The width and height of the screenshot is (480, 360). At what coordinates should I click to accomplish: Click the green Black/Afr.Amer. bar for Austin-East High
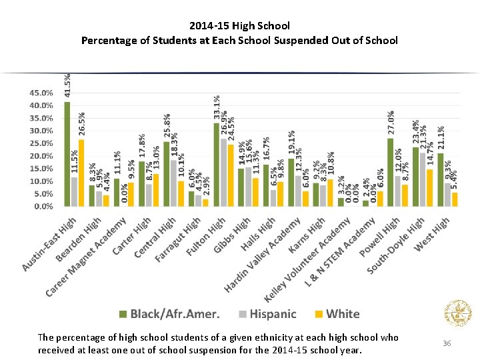tap(67, 154)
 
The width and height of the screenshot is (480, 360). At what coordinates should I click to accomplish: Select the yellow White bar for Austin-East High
tap(81, 173)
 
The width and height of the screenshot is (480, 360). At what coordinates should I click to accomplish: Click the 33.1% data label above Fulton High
tap(217, 107)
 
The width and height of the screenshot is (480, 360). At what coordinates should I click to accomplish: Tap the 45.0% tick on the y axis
tap(41, 93)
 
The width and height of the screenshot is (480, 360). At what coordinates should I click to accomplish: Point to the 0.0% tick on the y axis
tap(43, 207)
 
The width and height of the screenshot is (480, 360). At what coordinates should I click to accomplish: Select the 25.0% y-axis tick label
tap(41, 143)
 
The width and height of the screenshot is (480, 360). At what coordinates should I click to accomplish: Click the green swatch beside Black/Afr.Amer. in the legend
tap(123, 314)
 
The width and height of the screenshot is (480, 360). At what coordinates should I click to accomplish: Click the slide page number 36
tap(447, 343)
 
